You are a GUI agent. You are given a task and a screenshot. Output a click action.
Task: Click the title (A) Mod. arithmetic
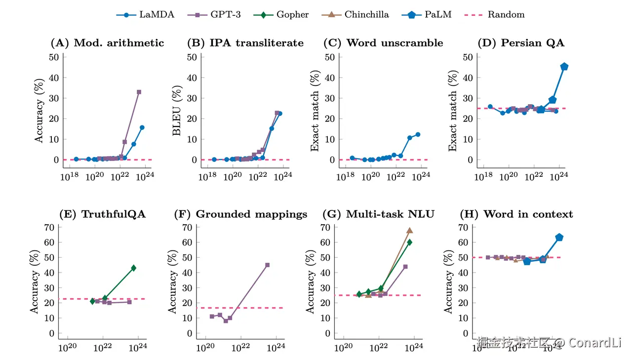tap(108, 43)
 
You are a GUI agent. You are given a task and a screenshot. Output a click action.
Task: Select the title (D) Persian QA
tap(521, 43)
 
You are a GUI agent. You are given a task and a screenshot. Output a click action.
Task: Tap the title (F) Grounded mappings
tap(241, 214)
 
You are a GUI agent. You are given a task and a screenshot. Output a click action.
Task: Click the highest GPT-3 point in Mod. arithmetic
tap(139, 92)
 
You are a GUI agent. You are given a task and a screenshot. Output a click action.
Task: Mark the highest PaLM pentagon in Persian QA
tap(564, 67)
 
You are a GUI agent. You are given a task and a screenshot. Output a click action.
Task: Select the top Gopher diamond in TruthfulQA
tap(133, 268)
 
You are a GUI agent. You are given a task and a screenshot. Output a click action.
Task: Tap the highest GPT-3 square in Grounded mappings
tap(268, 265)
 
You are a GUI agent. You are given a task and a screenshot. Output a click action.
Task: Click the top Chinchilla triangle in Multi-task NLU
tap(409, 231)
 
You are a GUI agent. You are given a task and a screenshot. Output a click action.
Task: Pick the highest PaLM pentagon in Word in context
tap(559, 238)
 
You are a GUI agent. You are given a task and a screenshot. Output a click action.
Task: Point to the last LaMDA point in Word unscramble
tap(418, 134)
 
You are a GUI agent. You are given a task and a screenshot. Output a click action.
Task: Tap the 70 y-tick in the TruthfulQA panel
tap(49, 227)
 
